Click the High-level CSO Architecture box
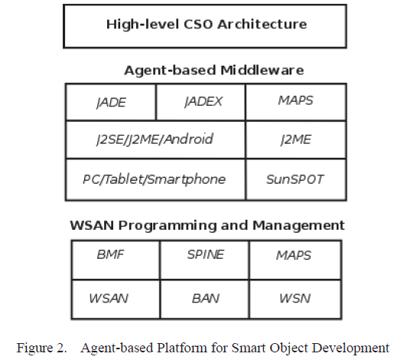coord(205,26)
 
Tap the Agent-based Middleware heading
coord(213,70)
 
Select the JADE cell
coord(111,102)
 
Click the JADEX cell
coord(200,102)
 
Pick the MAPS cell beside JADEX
coord(296,102)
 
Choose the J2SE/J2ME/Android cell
coord(155,140)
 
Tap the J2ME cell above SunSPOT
coord(296,140)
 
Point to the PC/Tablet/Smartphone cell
coord(155,179)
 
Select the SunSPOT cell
coord(296,179)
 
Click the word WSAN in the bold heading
coord(92,225)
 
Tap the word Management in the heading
coord(298,226)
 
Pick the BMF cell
coord(116,260)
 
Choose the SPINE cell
coord(205,260)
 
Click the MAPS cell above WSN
coord(295,260)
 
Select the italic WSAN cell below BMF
coord(116,299)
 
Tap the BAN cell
coord(205,299)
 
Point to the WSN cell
coord(295,299)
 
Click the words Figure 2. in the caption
coord(41,348)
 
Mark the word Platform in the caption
coord(181,348)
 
